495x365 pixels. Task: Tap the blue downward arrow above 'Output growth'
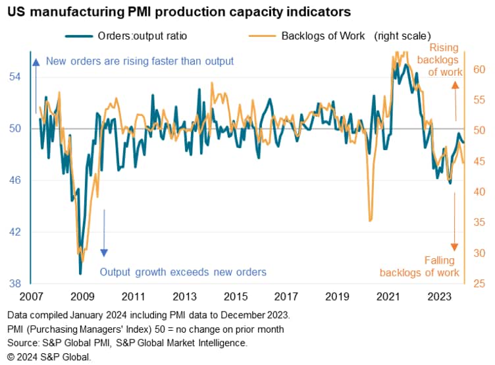tap(103, 234)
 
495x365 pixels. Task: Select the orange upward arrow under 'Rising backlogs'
tap(455, 102)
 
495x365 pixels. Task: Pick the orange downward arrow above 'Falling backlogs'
tap(455, 227)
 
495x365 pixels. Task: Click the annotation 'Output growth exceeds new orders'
tap(182, 272)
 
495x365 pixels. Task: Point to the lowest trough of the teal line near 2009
tap(80, 273)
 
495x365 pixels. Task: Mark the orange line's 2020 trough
tap(370, 221)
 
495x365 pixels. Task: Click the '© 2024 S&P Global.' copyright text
tap(47, 356)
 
